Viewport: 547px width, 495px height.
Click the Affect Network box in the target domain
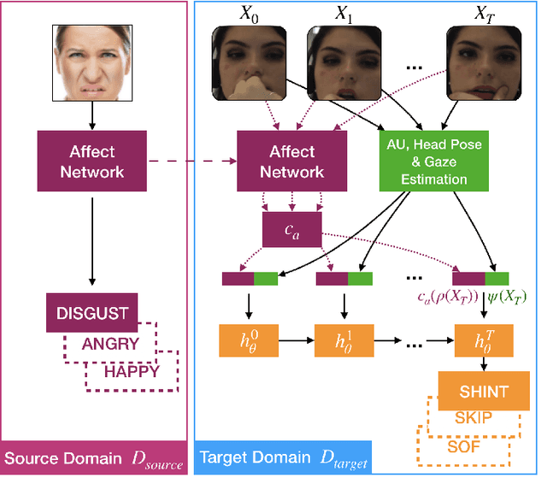click(291, 162)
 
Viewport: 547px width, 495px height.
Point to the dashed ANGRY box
click(111, 344)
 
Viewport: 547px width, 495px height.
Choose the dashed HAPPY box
click(132, 372)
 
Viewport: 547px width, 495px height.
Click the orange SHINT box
click(484, 392)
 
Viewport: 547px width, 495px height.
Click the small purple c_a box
click(291, 229)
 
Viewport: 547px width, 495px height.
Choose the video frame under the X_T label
click(483, 63)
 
